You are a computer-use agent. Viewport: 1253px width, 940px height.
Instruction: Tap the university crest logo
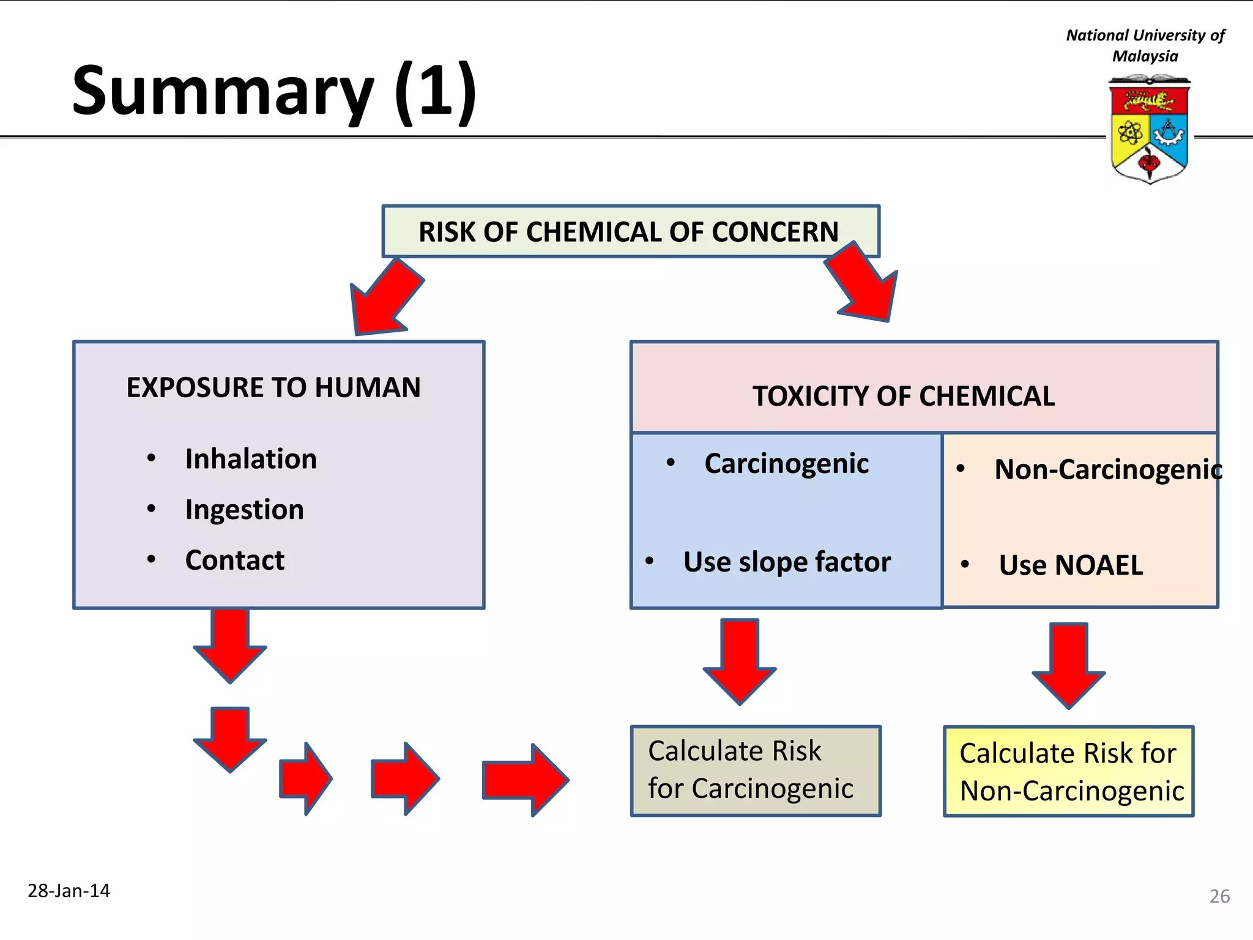[1149, 129]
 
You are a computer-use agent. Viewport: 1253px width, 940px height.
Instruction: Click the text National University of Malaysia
[1145, 45]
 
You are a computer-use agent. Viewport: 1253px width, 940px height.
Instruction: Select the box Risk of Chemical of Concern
[630, 232]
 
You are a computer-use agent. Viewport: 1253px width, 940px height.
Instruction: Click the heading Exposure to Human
[273, 387]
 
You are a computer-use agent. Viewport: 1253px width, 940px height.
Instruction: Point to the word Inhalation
[251, 459]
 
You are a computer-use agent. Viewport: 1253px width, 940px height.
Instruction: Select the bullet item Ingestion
[244, 510]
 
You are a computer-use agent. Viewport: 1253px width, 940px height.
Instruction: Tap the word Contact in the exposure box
[234, 561]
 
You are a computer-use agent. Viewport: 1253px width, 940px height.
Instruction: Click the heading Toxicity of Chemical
[903, 396]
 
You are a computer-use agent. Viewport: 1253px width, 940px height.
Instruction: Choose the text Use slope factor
[787, 562]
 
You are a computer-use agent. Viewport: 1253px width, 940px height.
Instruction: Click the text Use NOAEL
[1070, 565]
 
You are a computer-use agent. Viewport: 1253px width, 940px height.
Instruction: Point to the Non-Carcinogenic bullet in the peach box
[1108, 470]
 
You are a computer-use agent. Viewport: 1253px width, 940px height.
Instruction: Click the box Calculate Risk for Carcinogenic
[756, 770]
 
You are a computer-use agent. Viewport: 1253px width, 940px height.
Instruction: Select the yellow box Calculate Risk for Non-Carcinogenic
[1068, 772]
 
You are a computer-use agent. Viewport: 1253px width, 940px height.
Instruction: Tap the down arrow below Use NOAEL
[1068, 665]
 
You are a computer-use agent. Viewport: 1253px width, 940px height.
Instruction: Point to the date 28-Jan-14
[69, 890]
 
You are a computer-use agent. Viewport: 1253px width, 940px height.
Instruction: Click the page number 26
[1219, 897]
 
